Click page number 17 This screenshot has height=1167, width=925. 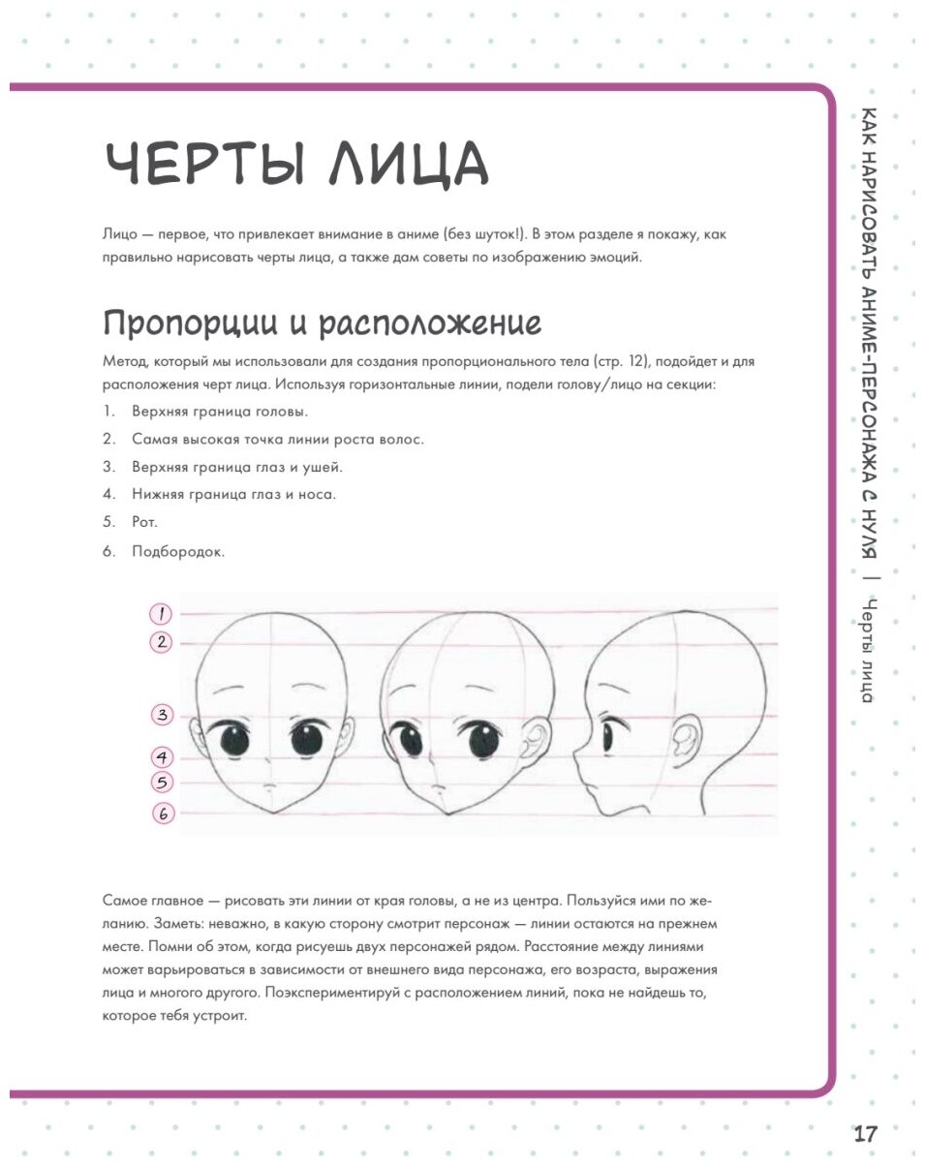coord(865,1134)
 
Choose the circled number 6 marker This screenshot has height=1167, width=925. coord(163,814)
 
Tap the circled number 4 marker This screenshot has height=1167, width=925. coord(163,756)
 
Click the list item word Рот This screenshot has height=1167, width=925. coord(142,521)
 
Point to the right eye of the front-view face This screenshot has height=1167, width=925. coord(306,741)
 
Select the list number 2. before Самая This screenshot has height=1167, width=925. coord(110,439)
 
